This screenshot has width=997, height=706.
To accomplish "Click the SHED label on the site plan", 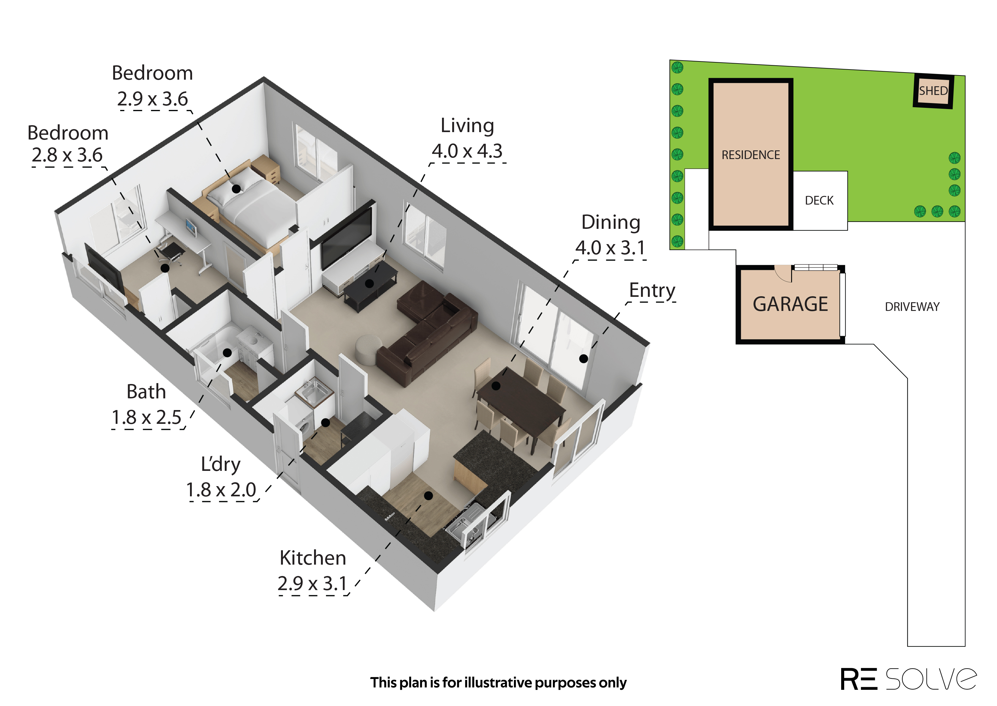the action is click(933, 91).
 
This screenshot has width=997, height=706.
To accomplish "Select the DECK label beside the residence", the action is click(819, 200).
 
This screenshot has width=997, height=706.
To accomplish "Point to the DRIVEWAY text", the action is click(912, 307).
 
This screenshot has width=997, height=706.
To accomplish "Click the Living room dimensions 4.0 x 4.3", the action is click(467, 151).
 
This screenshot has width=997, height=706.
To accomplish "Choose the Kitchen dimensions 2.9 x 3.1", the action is click(312, 583).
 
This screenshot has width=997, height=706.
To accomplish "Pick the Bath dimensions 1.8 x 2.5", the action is click(147, 417).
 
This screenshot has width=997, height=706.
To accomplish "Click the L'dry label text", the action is click(221, 465).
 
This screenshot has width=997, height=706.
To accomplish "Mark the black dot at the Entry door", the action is click(583, 359).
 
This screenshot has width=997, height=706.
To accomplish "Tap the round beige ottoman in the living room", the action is click(369, 349).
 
